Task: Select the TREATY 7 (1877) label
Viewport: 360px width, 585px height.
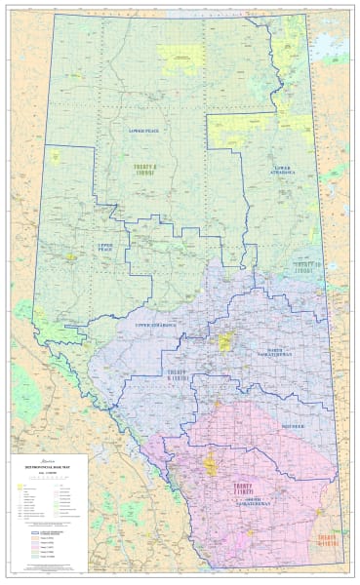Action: coord(241,485)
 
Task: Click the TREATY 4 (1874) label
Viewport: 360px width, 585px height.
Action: coord(331,539)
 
